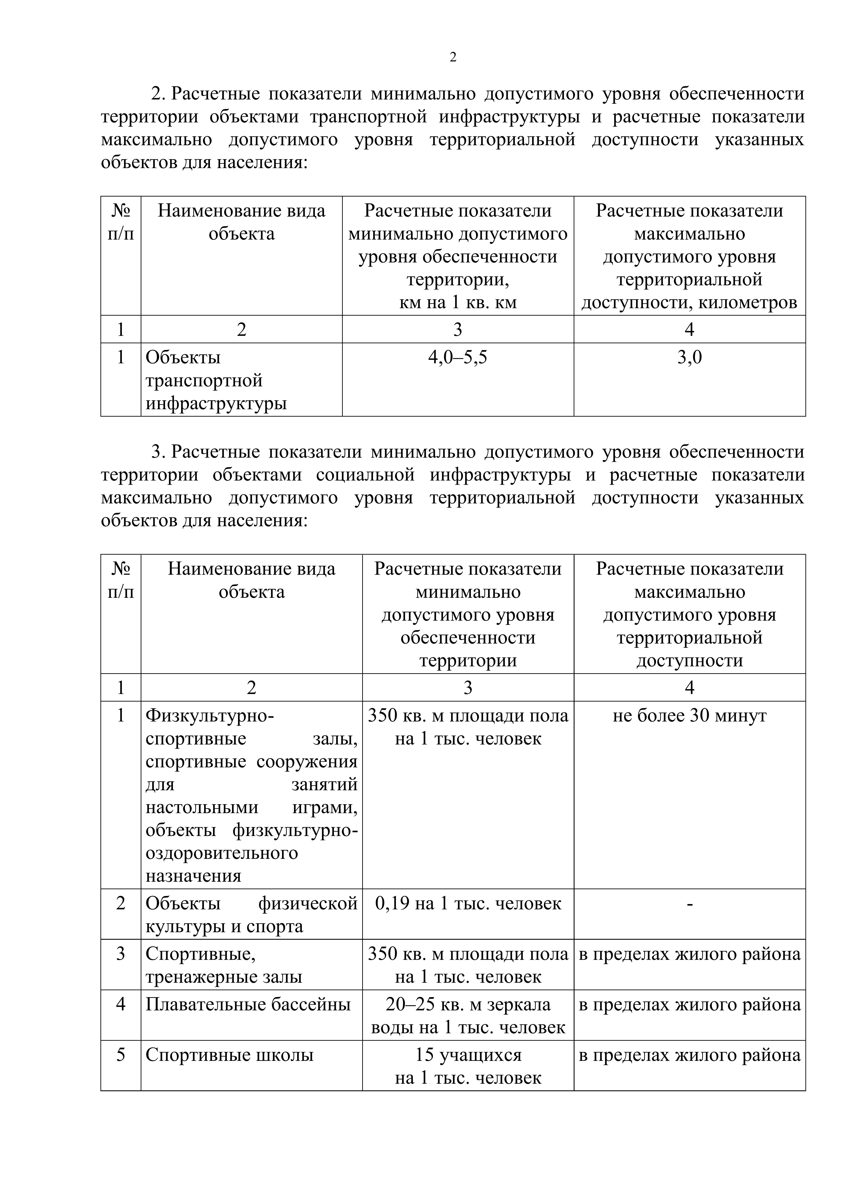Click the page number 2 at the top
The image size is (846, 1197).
coord(452,57)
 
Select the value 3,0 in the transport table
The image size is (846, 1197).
coord(689,358)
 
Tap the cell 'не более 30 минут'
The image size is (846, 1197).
coord(689,716)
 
